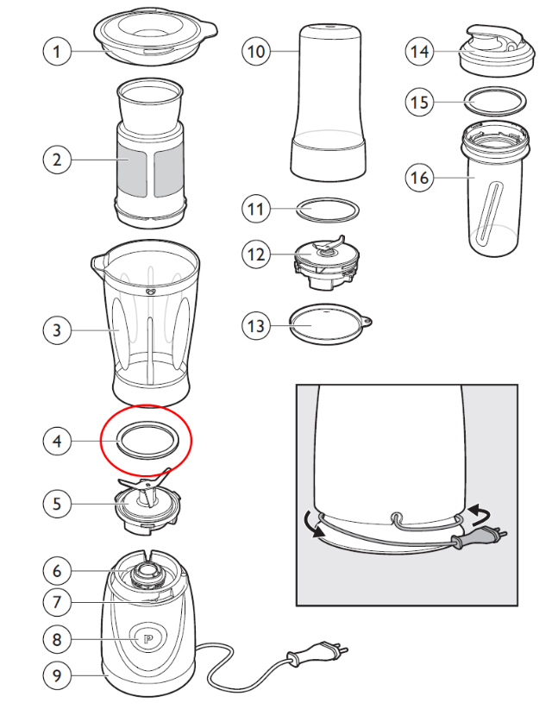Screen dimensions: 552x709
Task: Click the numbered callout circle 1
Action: click(57, 51)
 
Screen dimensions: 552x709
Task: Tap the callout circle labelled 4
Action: click(57, 441)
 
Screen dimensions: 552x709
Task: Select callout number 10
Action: click(256, 51)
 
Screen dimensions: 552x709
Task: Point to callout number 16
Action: click(419, 178)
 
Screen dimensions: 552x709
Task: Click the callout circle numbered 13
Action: click(256, 325)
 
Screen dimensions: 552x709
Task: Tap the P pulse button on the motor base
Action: click(147, 639)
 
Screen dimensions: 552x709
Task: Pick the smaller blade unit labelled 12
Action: click(327, 262)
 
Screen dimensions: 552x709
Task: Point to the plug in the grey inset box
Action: click(479, 536)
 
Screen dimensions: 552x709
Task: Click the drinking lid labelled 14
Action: click(498, 50)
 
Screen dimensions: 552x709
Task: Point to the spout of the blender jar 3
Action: click(98, 262)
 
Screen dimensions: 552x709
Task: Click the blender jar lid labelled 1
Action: click(155, 35)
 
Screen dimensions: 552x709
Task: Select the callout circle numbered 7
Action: click(57, 602)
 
